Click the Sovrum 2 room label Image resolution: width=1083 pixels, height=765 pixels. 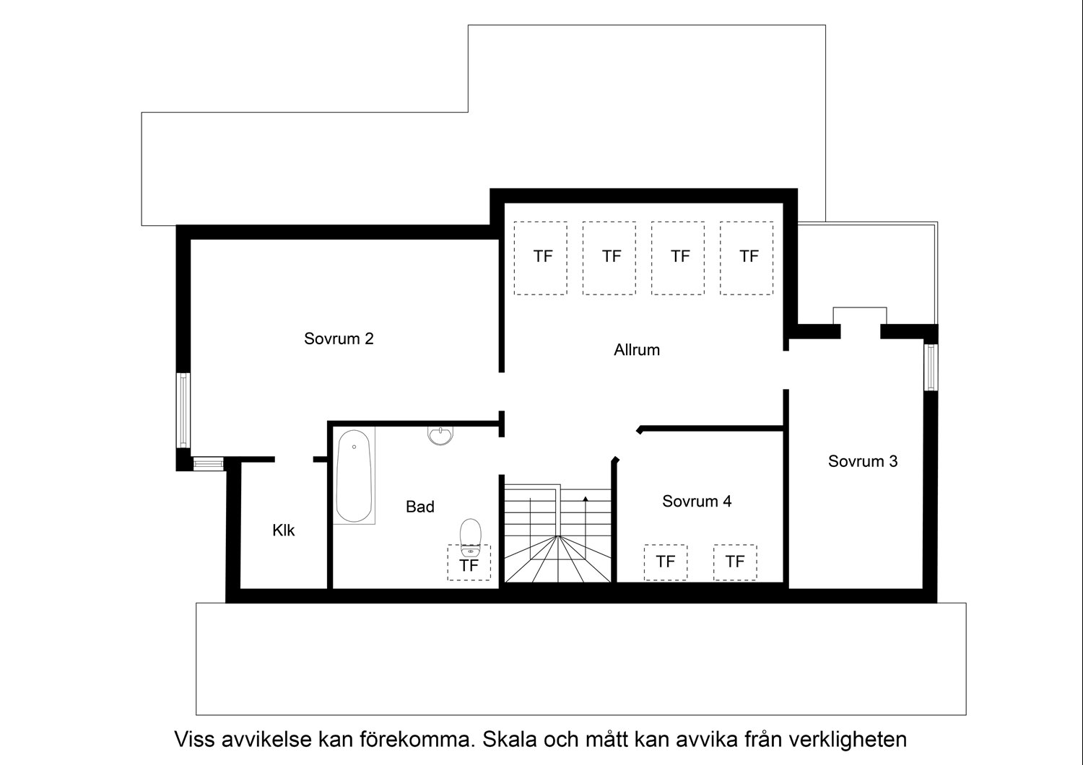pos(339,338)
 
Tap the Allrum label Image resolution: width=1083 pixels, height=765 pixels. pos(636,350)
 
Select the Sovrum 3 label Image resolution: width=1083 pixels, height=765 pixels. pos(862,461)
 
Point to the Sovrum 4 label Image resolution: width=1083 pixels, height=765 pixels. pos(696,501)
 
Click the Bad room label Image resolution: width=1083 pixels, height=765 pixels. pos(419,507)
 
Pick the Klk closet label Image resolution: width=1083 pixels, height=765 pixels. pos(283,530)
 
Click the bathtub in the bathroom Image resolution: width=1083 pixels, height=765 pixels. pos(355,476)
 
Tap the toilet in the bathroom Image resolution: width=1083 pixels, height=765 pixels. pos(470,533)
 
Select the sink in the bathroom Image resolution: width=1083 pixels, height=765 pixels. pos(440,435)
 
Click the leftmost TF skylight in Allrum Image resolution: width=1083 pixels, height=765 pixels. pos(541,258)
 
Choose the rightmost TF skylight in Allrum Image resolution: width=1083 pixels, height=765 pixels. pos(747,258)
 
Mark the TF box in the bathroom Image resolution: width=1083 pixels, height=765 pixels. pos(469,563)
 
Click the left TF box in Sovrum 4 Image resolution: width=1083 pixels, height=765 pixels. pos(665,561)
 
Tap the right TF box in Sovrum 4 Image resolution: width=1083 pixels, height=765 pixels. pos(735,561)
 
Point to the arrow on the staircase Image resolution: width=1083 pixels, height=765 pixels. pos(586,498)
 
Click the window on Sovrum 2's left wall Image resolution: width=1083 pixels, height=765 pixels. pos(184,410)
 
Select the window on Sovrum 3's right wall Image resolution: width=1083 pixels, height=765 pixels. pos(931,367)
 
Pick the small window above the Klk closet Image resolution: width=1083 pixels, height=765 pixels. pos(209,463)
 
